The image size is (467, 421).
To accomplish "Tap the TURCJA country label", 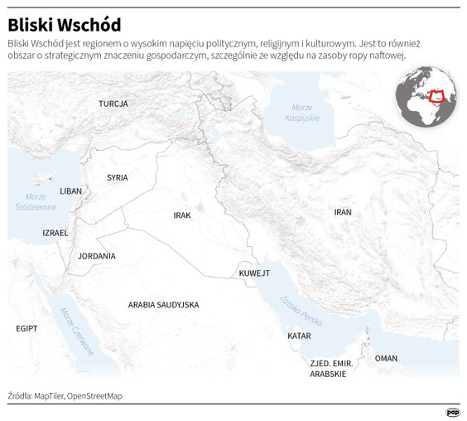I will [x=113, y=104].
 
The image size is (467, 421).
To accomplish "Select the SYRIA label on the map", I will [x=118, y=177].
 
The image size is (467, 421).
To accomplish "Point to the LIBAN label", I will [x=71, y=191].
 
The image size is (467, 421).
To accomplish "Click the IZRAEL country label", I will [x=55, y=233].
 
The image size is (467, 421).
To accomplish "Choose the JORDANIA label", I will [x=97, y=256].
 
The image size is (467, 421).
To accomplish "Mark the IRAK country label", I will [x=182, y=215].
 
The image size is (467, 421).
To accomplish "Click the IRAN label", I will [x=343, y=212].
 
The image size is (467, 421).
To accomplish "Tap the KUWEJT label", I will [x=254, y=273].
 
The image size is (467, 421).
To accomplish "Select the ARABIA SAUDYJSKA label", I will [x=163, y=305].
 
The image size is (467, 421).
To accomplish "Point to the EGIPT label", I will [x=27, y=329].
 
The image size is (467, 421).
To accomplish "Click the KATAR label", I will [x=299, y=336].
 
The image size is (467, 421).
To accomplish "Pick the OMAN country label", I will [x=386, y=358].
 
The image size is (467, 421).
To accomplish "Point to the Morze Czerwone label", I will [x=77, y=331].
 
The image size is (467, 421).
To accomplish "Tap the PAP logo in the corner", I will [x=453, y=412].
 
